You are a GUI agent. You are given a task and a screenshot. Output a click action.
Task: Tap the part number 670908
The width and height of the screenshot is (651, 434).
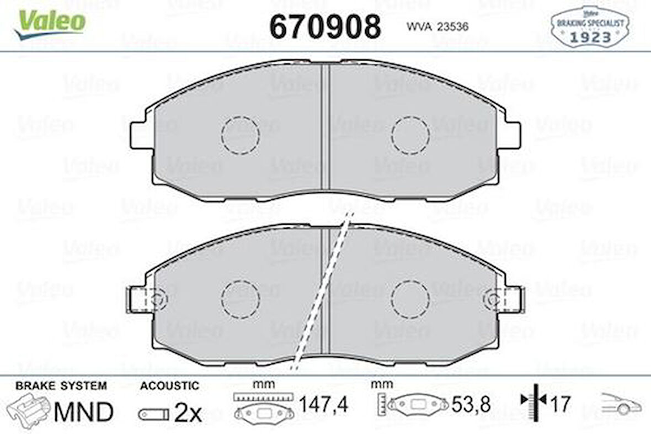click(324, 26)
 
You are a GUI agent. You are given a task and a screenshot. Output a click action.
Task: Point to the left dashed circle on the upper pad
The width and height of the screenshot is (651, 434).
click(240, 135)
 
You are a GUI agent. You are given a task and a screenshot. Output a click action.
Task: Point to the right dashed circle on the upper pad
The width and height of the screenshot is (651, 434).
click(410, 135)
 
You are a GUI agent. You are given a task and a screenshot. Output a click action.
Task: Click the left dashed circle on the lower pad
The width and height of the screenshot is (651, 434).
click(240, 299)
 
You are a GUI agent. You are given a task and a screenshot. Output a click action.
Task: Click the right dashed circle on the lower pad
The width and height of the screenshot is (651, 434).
click(410, 299)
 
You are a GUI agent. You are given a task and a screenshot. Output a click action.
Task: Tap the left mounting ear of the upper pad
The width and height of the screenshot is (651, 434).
click(139, 135)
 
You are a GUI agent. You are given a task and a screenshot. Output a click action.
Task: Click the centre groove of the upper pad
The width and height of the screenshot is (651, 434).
click(325, 130)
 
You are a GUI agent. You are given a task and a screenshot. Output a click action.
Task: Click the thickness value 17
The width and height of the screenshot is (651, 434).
click(559, 405)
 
